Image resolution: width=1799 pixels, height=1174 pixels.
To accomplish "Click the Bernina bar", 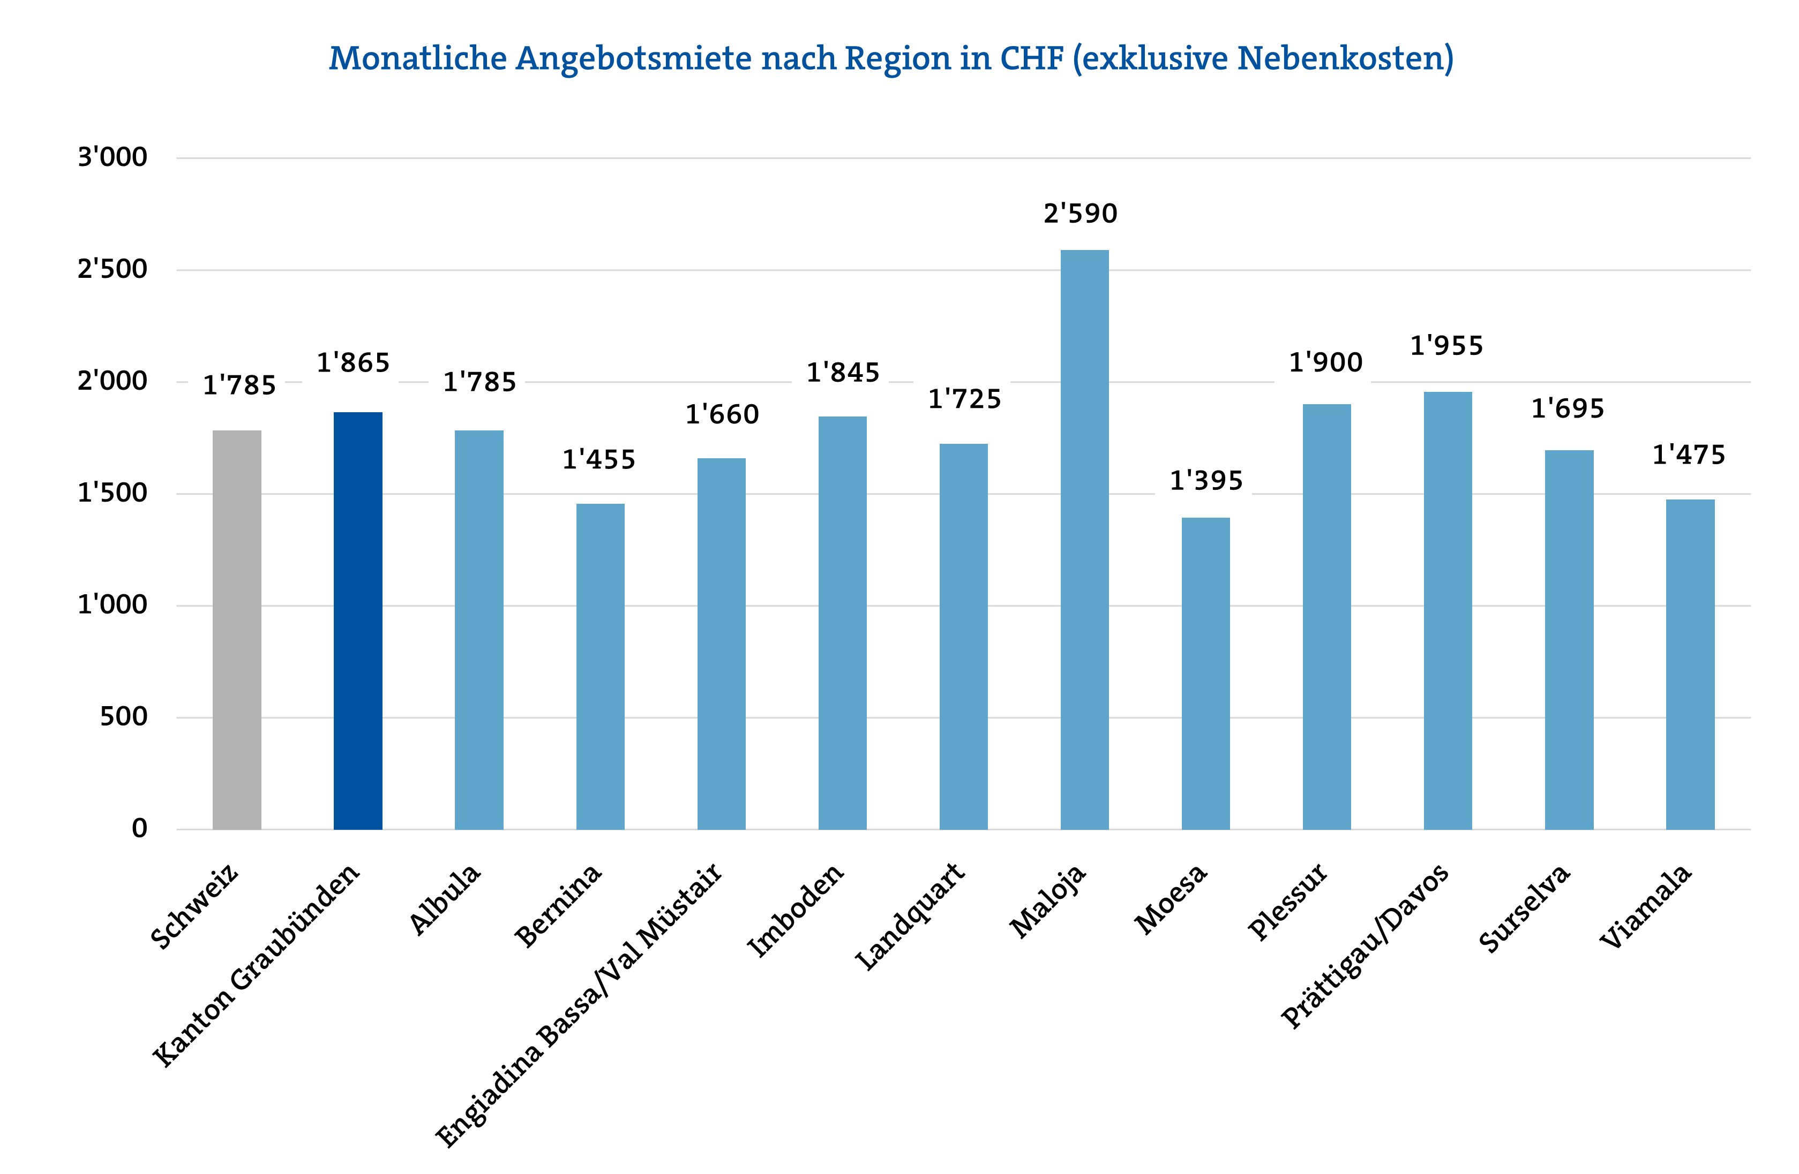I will [x=600, y=666].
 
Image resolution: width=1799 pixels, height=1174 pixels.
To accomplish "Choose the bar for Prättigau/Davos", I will [x=1448, y=610].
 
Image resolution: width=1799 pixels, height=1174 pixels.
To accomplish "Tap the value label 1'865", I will [x=353, y=364].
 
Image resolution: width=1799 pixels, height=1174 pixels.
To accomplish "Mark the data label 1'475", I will [x=1689, y=456].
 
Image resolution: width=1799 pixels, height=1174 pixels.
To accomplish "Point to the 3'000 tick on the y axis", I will [x=113, y=158].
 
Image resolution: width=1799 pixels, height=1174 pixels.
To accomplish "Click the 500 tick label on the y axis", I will [x=123, y=717].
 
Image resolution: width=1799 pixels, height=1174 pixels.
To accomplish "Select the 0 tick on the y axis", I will [x=139, y=829].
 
